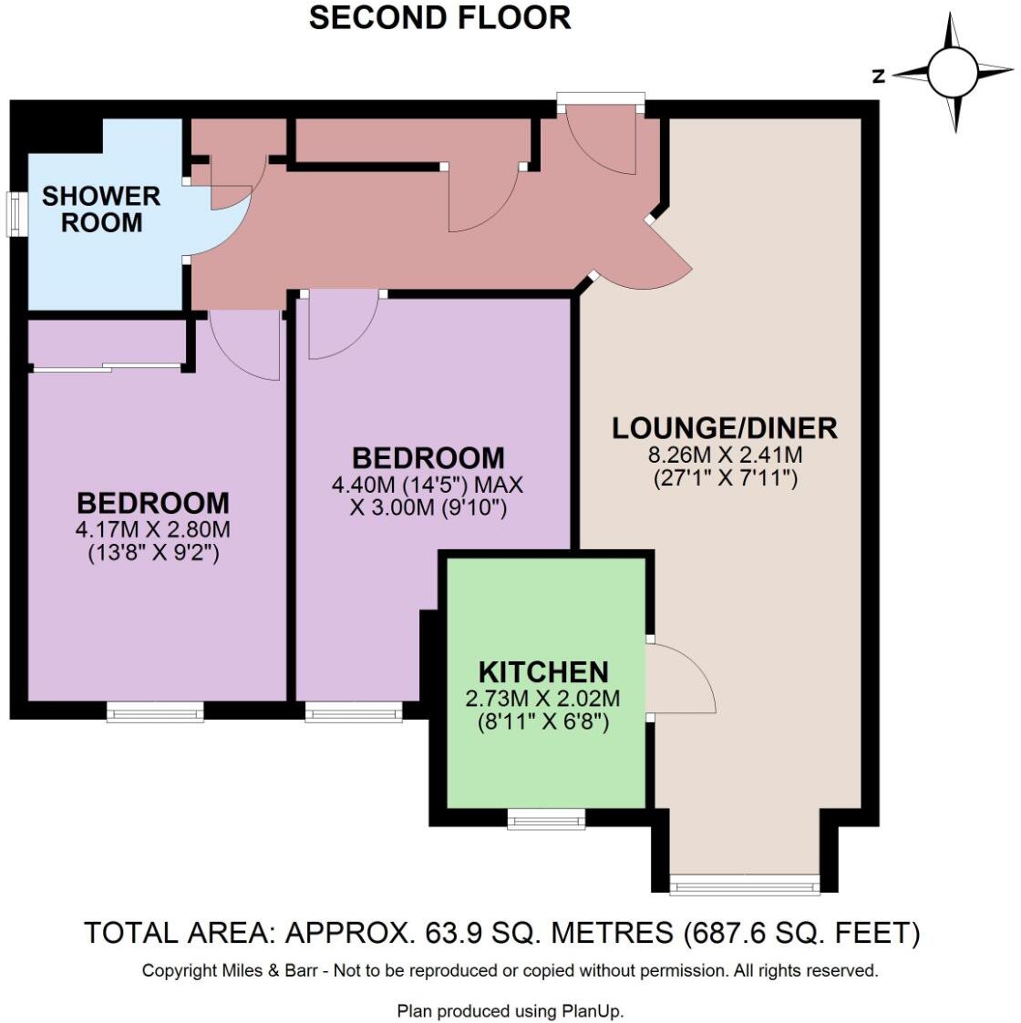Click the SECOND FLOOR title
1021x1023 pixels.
pyautogui.click(x=439, y=18)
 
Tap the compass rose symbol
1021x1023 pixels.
pyautogui.click(x=953, y=72)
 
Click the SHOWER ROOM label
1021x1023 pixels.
pyautogui.click(x=101, y=210)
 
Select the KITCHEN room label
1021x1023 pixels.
pyautogui.click(x=543, y=672)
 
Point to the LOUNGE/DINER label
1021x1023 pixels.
pyautogui.click(x=724, y=428)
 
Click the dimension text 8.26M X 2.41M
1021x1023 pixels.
pyautogui.click(x=725, y=455)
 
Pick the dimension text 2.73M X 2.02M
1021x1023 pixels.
pyautogui.click(x=542, y=699)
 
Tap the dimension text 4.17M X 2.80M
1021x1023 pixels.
pyautogui.click(x=153, y=529)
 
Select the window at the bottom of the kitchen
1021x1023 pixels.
pyautogui.click(x=546, y=820)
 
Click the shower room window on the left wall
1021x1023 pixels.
pyautogui.click(x=15, y=214)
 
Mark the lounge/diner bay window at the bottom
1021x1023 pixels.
pyautogui.click(x=744, y=883)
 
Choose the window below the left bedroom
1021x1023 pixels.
pyautogui.click(x=155, y=711)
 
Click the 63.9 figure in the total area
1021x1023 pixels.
pyautogui.click(x=449, y=933)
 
